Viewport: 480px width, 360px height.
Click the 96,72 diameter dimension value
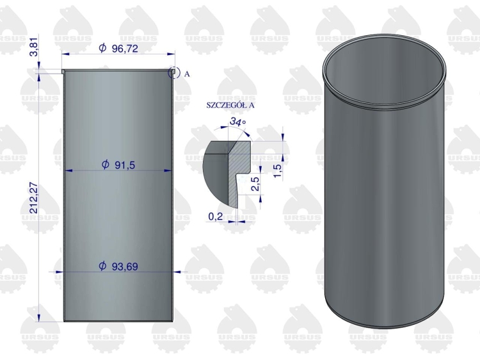[125, 49]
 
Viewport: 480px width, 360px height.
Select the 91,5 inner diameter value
[125, 165]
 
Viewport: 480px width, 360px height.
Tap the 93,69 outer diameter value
[125, 266]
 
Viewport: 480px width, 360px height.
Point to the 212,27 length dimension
[34, 198]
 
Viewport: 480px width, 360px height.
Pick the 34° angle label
[237, 122]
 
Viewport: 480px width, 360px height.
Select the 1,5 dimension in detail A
[277, 171]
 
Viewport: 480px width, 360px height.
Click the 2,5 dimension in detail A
[255, 184]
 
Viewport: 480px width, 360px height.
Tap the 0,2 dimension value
[216, 217]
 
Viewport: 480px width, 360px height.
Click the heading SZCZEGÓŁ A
[230, 105]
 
